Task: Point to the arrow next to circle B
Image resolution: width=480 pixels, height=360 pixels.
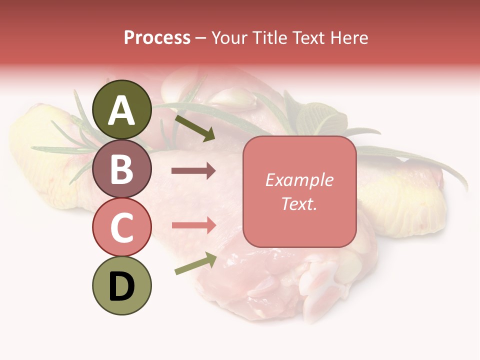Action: [x=193, y=171]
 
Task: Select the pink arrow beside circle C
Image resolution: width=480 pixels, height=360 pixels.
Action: [x=193, y=225]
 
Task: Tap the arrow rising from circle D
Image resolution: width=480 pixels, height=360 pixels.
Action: [x=195, y=263]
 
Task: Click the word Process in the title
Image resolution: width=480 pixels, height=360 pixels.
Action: [x=157, y=37]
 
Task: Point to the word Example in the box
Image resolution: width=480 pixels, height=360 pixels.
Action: [x=299, y=180]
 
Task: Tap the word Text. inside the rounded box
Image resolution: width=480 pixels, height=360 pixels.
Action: [x=299, y=203]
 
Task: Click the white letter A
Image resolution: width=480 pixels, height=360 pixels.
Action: [x=121, y=111]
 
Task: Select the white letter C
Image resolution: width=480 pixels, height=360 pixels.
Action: [x=121, y=228]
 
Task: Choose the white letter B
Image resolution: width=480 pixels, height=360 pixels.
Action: [x=121, y=169]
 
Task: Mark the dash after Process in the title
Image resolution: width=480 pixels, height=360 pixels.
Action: [x=200, y=38]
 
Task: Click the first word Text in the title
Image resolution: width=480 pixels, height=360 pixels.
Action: [x=306, y=37]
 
